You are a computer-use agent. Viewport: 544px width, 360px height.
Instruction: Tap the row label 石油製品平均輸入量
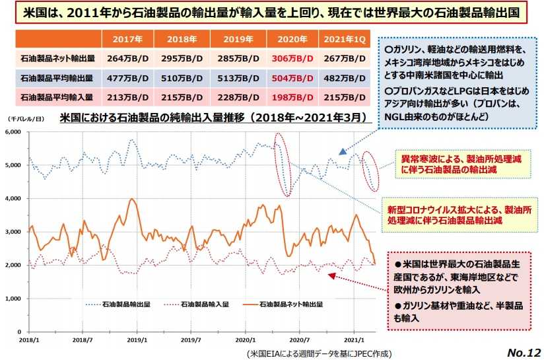(57, 97)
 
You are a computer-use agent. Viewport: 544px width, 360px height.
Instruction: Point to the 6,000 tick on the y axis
(14, 132)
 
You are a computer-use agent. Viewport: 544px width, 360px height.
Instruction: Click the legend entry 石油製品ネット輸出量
(291, 305)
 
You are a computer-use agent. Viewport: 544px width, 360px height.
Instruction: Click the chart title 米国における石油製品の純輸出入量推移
(211, 119)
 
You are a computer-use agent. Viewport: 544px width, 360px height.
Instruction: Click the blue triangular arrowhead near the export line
(342, 152)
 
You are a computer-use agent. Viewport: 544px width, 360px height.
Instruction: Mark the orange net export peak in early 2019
(133, 199)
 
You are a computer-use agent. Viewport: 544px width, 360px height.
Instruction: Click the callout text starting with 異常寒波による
(460, 164)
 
